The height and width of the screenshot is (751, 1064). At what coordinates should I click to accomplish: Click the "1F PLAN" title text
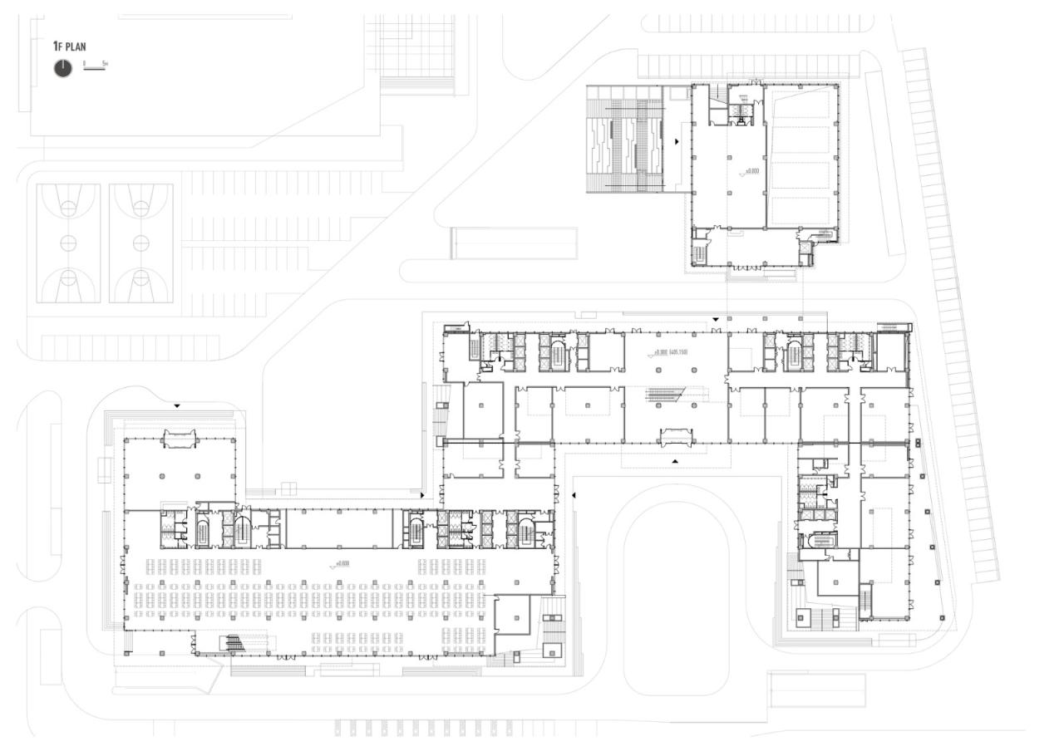click(x=70, y=47)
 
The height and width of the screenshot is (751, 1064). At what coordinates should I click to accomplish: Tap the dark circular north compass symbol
click(x=63, y=69)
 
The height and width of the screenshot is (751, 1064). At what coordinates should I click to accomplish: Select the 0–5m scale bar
click(x=95, y=66)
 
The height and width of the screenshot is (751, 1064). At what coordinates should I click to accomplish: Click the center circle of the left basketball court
click(x=68, y=243)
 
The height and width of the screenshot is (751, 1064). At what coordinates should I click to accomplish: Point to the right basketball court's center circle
click(x=140, y=243)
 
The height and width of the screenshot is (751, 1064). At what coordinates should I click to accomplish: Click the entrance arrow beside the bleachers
click(x=677, y=142)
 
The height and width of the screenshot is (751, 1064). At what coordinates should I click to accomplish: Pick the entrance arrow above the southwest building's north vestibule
click(x=177, y=406)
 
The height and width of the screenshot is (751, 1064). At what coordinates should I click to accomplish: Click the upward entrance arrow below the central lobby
click(x=675, y=460)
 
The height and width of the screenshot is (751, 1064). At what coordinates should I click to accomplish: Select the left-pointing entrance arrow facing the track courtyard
click(x=574, y=496)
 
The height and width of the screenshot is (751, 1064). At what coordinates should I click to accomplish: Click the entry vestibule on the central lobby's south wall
click(x=675, y=437)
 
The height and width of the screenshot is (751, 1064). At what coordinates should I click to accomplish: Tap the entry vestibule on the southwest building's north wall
click(x=179, y=438)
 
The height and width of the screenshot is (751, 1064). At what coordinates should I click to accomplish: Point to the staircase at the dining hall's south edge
click(x=234, y=642)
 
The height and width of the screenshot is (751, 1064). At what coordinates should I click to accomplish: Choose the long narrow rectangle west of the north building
click(x=513, y=243)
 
